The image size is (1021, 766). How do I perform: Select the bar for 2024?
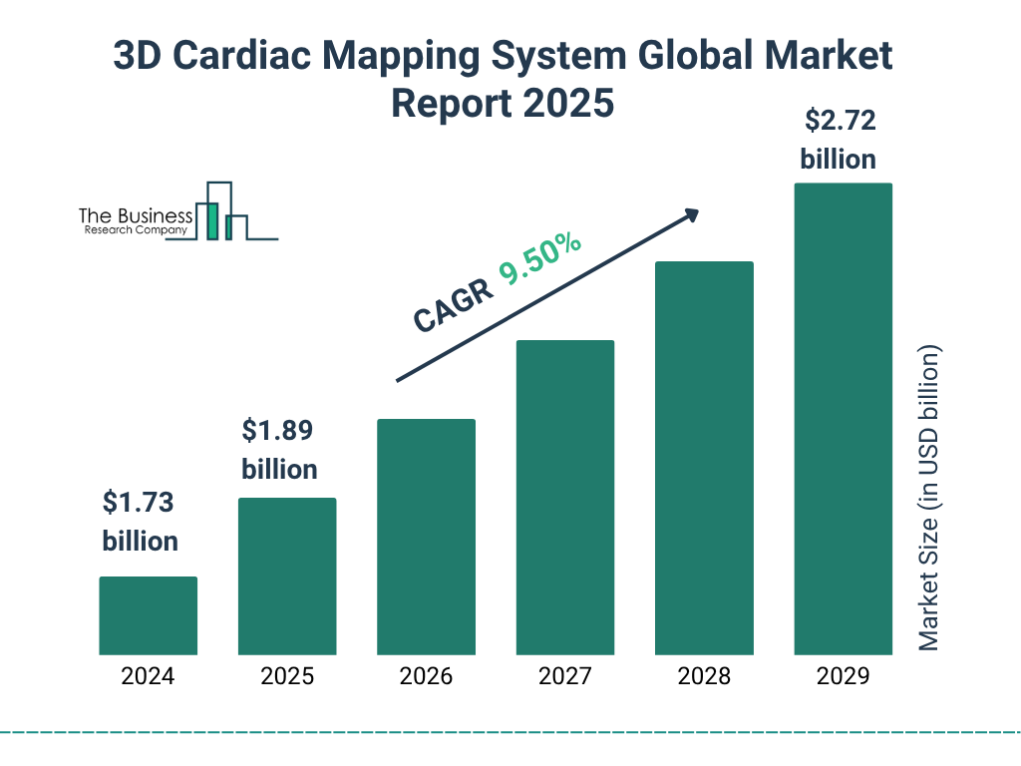[x=148, y=615]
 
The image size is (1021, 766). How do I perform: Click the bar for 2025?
[x=287, y=576]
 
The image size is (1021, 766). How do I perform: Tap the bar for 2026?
[x=426, y=537]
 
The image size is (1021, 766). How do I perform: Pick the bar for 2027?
[x=564, y=498]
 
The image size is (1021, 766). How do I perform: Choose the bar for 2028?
[x=703, y=458]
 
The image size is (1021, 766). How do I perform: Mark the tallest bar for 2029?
[x=843, y=419]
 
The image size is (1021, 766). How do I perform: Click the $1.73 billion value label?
[x=140, y=521]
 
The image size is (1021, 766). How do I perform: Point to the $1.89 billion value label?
[x=279, y=449]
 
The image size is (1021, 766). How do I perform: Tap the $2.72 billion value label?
[x=839, y=140]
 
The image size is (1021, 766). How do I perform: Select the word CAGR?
[x=453, y=306]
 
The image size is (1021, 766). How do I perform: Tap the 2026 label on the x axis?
[x=426, y=676]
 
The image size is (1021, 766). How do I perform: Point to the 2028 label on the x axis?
[x=703, y=676]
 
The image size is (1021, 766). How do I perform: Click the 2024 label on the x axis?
[x=148, y=676]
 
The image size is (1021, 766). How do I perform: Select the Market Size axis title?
[x=929, y=499]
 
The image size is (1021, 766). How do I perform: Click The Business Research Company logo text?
[x=136, y=221]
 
